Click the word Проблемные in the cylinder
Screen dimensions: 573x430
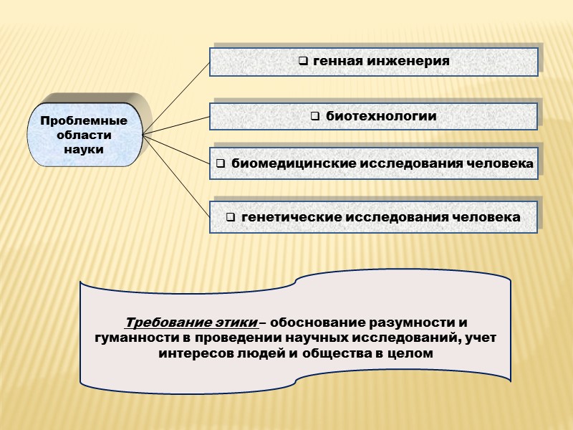click(x=84, y=121)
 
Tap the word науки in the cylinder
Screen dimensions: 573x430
click(x=84, y=150)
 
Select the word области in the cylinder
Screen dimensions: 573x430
click(x=84, y=135)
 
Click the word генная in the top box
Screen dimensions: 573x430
click(x=337, y=62)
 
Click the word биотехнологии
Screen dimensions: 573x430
click(x=381, y=116)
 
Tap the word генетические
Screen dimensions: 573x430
click(x=292, y=216)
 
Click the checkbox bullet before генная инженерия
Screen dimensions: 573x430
click(x=304, y=62)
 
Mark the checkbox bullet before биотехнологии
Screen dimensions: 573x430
click(x=315, y=116)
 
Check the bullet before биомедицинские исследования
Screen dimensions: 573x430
click(x=221, y=164)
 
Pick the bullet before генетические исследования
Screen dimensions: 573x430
click(x=231, y=216)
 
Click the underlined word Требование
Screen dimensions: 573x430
click(x=161, y=322)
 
